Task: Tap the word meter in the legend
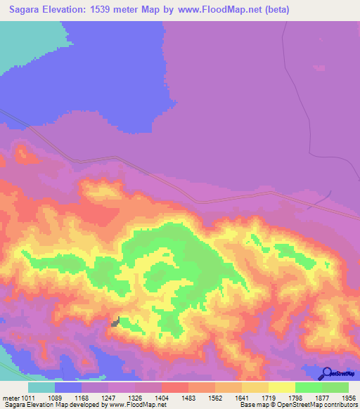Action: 10,398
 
